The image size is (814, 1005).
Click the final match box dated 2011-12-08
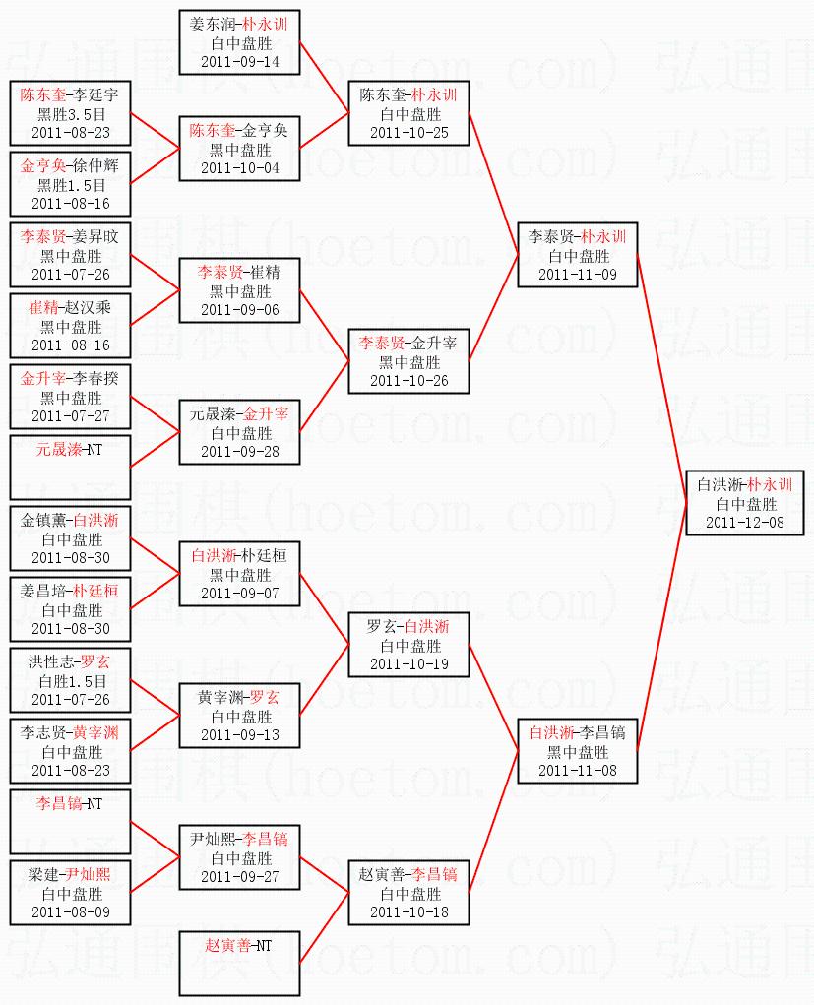(745, 503)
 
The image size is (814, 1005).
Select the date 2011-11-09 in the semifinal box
(578, 275)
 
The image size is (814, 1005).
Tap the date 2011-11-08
(578, 771)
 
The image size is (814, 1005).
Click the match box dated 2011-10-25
(408, 113)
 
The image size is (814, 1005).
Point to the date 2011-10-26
(408, 381)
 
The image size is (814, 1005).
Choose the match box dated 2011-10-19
(408, 645)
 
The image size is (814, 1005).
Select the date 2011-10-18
(408, 912)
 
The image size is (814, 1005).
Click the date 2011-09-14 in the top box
(239, 62)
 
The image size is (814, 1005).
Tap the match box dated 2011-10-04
(239, 149)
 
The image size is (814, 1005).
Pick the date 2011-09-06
(239, 310)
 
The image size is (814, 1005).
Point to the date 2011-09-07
(239, 594)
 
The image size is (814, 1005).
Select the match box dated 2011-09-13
(239, 716)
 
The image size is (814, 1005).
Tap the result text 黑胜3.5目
(70, 113)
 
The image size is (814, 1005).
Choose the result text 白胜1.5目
(70, 681)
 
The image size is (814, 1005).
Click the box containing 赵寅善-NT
(239, 962)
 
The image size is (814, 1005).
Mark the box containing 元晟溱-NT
(70, 468)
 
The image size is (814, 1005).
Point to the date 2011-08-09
(70, 912)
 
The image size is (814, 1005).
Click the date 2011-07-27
(70, 416)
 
